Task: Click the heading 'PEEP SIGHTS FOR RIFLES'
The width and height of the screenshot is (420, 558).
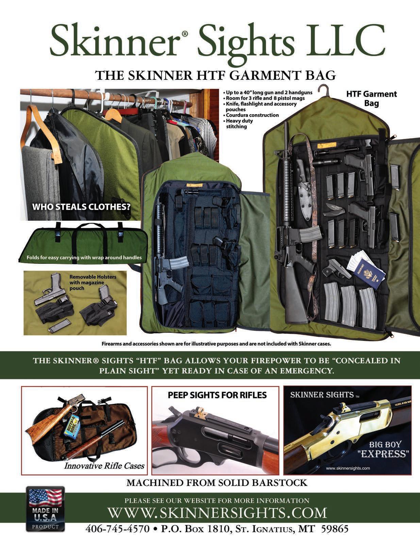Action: pos(217,395)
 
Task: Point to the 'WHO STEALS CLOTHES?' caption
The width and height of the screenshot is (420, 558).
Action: pos(81,206)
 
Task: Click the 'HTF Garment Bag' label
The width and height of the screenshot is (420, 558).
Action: pos(371,98)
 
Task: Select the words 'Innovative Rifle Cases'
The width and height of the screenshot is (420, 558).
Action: pos(104,466)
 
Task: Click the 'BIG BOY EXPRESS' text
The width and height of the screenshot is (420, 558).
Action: pos(389,449)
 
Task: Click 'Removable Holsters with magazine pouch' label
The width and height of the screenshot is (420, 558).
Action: pos(93,282)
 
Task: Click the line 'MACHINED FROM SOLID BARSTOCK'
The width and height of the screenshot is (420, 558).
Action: pos(217,483)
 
